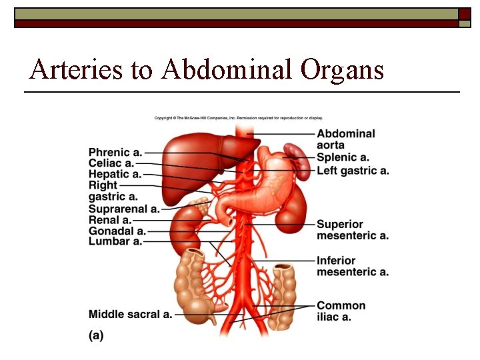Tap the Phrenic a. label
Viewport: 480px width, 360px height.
click(x=115, y=153)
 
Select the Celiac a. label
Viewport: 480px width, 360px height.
click(x=111, y=163)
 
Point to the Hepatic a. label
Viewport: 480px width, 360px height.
click(x=115, y=174)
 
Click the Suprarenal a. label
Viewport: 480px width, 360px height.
click(x=124, y=209)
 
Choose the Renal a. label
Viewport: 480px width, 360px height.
click(x=110, y=219)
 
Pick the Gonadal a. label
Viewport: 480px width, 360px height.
click(x=117, y=231)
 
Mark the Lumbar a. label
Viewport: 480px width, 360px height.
click(x=115, y=241)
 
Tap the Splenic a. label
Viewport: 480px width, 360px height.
click(x=343, y=157)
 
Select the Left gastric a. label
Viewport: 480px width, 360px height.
click(x=353, y=171)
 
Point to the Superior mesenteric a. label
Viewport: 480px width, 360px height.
click(x=352, y=229)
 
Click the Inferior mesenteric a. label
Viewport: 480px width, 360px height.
click(x=352, y=265)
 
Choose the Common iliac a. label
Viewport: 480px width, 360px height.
click(x=341, y=311)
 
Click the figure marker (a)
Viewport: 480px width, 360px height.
click(x=96, y=335)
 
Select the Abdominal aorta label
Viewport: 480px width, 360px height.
click(x=345, y=139)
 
